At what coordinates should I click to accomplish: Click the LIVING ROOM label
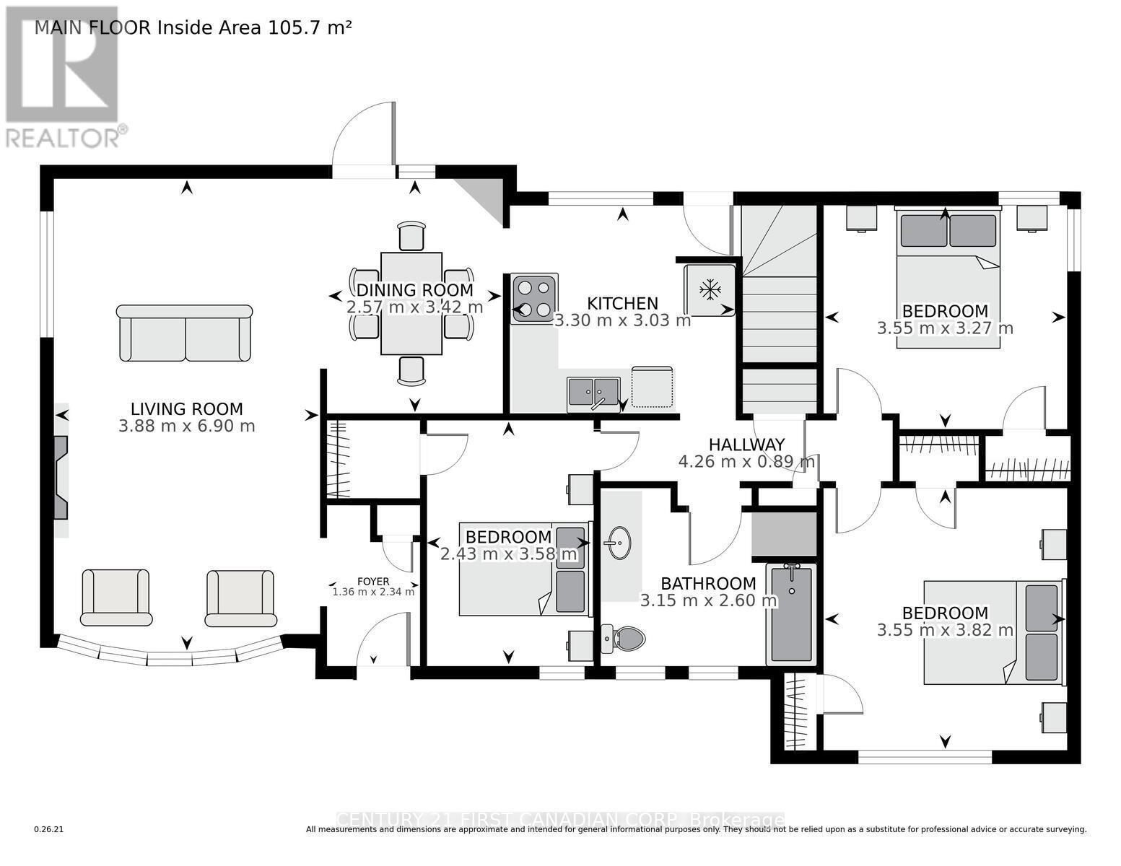pyautogui.click(x=186, y=409)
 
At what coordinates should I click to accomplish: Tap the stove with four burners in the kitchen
pyautogui.click(x=534, y=298)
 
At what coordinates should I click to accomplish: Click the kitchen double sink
pyautogui.click(x=593, y=393)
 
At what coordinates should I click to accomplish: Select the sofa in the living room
pyautogui.click(x=185, y=333)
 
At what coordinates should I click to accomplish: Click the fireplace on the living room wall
pyautogui.click(x=61, y=477)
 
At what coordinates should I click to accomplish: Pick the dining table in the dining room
pyautogui.click(x=411, y=304)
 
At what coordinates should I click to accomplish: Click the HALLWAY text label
pyautogui.click(x=746, y=445)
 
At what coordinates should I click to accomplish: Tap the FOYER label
pyautogui.click(x=373, y=582)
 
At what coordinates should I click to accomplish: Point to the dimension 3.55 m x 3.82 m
pyautogui.click(x=945, y=630)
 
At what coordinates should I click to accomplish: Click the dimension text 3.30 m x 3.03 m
pyautogui.click(x=622, y=320)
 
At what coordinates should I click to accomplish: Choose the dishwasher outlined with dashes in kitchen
pyautogui.click(x=652, y=388)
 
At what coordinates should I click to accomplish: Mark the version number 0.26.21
pyautogui.click(x=48, y=830)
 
